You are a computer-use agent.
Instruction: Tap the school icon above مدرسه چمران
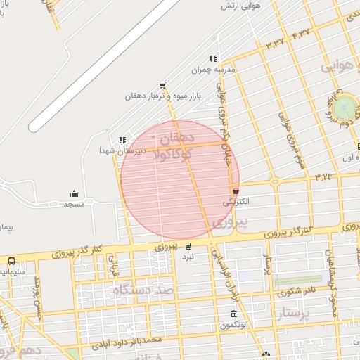(x=213, y=59)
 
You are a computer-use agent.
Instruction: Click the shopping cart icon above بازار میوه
(x=163, y=85)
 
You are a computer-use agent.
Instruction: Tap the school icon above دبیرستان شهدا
(x=123, y=140)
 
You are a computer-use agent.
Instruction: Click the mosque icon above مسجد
(x=74, y=193)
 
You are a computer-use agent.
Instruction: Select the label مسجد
(x=74, y=204)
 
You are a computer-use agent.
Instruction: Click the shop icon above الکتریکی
(x=235, y=191)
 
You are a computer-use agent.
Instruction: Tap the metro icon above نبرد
(x=188, y=245)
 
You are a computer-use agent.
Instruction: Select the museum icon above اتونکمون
(x=233, y=314)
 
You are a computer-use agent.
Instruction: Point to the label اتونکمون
(x=233, y=325)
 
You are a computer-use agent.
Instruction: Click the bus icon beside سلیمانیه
(x=11, y=260)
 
